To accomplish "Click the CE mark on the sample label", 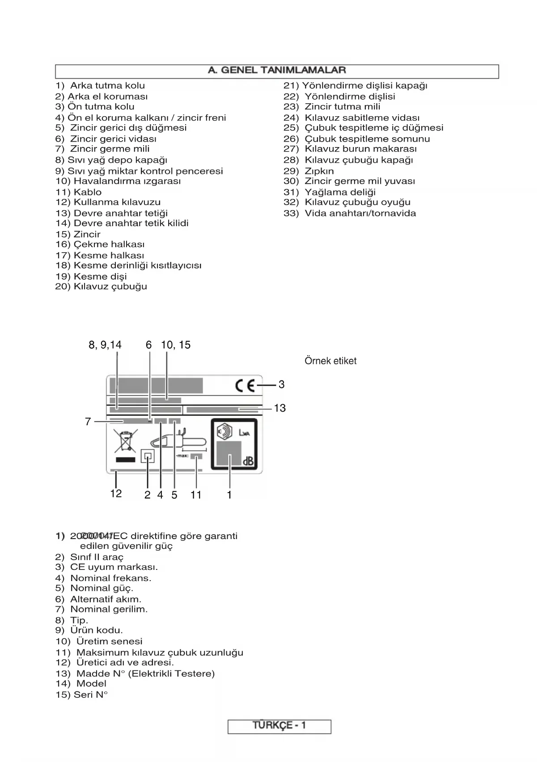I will [x=245, y=385].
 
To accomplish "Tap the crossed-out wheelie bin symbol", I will [x=125, y=441].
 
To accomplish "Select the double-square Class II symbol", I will [x=148, y=456].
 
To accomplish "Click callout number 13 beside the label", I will [x=280, y=408].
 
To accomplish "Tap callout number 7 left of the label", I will [x=88, y=422].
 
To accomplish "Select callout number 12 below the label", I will [x=116, y=493].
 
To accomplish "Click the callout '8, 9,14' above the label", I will [x=105, y=345].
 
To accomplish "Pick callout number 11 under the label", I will [x=196, y=495].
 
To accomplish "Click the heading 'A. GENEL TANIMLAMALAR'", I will [x=277, y=70].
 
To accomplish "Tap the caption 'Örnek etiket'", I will [x=330, y=361].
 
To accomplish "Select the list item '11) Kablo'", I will [x=79, y=192].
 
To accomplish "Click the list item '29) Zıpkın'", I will [x=309, y=171].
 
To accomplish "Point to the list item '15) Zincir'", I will [x=78, y=234].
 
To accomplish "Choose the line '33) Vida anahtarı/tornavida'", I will [x=350, y=213].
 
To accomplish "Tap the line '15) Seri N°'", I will [x=82, y=695].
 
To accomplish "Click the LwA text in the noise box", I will [x=244, y=433].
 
